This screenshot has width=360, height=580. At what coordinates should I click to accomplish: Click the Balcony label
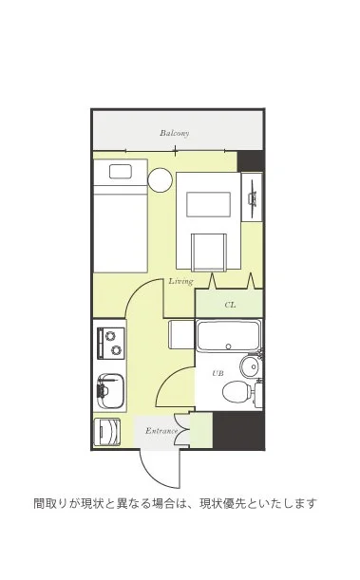(174, 133)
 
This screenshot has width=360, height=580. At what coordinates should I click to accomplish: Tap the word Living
(180, 282)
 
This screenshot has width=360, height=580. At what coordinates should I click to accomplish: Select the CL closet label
(230, 305)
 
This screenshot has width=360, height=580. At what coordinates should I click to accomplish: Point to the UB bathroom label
(218, 373)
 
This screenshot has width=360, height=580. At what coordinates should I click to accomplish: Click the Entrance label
(161, 431)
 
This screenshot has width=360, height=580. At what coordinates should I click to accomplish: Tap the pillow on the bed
(121, 171)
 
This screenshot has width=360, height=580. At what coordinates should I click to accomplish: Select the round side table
(161, 179)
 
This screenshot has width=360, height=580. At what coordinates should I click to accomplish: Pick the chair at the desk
(209, 253)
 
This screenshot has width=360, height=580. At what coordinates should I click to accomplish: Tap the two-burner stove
(111, 343)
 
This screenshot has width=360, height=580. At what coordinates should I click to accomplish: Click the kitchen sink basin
(110, 390)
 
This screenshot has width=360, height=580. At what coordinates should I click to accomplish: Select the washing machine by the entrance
(107, 432)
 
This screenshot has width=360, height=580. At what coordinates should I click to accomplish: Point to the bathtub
(228, 336)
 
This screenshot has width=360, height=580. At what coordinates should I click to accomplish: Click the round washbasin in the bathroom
(250, 366)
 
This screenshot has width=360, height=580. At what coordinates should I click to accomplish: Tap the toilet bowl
(237, 392)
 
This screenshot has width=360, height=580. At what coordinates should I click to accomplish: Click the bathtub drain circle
(228, 346)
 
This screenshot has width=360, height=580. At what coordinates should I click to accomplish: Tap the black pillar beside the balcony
(251, 161)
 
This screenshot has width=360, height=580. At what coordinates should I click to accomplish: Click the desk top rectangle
(209, 204)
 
